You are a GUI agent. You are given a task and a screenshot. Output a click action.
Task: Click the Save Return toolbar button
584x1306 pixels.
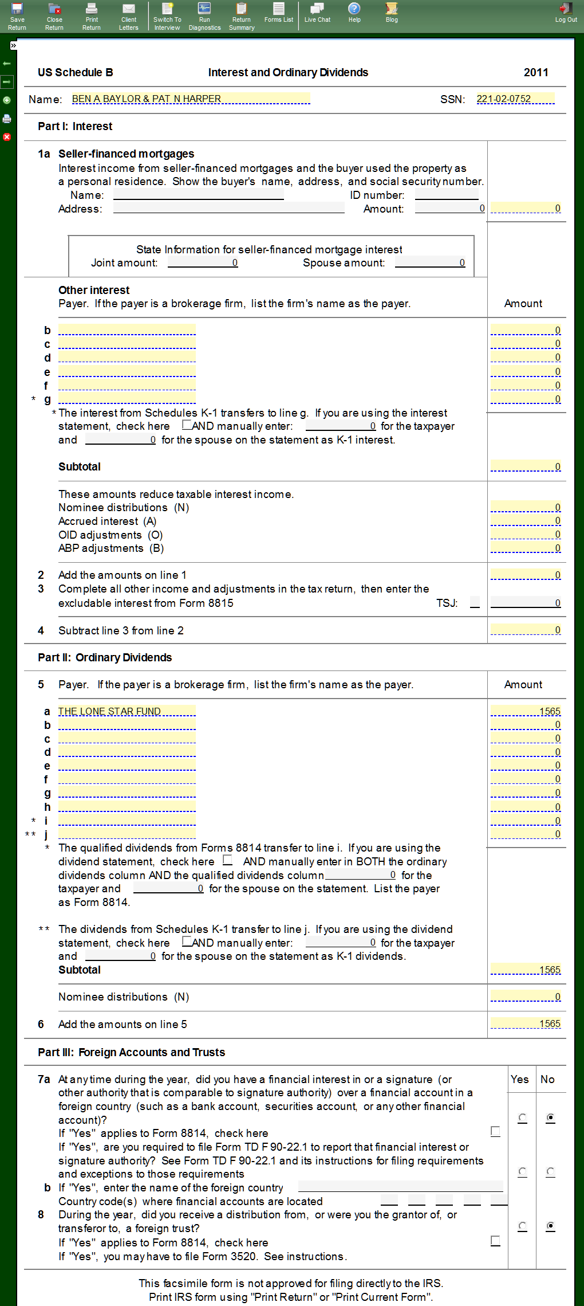[x=17, y=15]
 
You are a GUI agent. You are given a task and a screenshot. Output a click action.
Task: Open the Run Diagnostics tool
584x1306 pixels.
[x=204, y=15]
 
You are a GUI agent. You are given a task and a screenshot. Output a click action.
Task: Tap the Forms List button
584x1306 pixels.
[x=279, y=13]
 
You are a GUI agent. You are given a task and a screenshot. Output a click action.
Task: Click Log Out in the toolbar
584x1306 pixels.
[x=566, y=13]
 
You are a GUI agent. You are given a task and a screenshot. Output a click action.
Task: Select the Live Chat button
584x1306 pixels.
[x=317, y=13]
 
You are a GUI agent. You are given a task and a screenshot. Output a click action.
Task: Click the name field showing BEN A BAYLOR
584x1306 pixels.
[x=191, y=99]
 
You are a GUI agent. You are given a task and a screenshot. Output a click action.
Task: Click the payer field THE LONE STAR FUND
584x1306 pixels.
[x=127, y=711]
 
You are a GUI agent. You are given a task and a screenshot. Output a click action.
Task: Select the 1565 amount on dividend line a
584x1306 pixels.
[x=526, y=711]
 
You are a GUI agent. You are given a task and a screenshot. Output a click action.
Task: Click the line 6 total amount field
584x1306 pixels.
[x=526, y=1023]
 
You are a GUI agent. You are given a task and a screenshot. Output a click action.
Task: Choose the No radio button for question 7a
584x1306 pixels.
[x=550, y=1117]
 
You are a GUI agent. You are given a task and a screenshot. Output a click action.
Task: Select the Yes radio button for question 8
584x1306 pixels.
[x=522, y=1226]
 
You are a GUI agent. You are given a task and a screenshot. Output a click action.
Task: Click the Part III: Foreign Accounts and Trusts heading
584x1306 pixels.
[x=131, y=1052]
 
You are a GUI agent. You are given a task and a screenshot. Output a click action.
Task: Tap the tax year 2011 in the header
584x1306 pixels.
[x=536, y=72]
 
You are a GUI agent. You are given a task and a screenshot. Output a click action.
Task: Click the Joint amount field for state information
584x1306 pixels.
[x=203, y=262]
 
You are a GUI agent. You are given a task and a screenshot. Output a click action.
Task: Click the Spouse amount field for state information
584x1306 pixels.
[x=430, y=262]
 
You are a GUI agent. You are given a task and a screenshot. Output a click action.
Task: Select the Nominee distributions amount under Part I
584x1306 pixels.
[x=526, y=507]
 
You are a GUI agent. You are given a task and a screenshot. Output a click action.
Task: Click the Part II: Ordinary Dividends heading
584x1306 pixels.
[x=105, y=657]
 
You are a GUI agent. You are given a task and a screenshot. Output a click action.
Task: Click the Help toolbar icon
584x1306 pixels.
[x=354, y=13]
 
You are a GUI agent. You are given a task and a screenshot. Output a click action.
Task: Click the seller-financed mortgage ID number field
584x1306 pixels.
[x=447, y=195]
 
